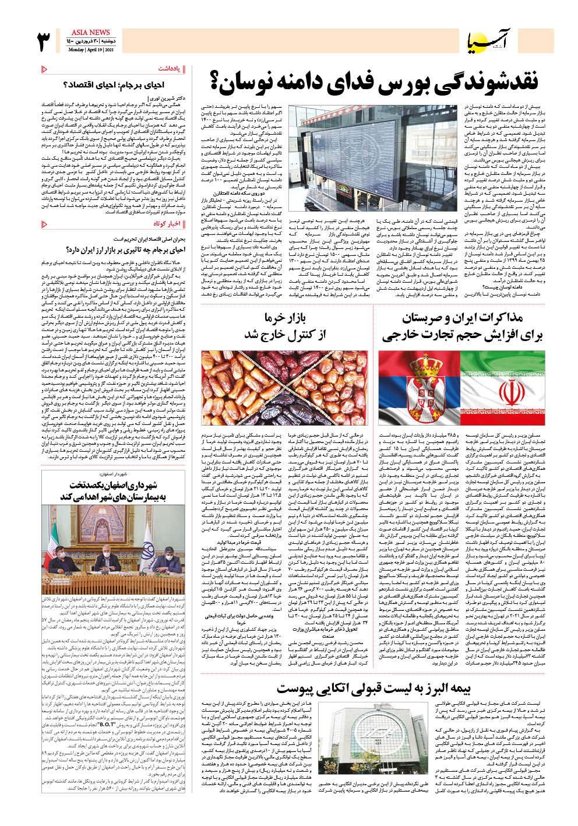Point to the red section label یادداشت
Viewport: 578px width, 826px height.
pos(168,69)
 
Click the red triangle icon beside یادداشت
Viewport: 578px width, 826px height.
pos(45,69)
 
